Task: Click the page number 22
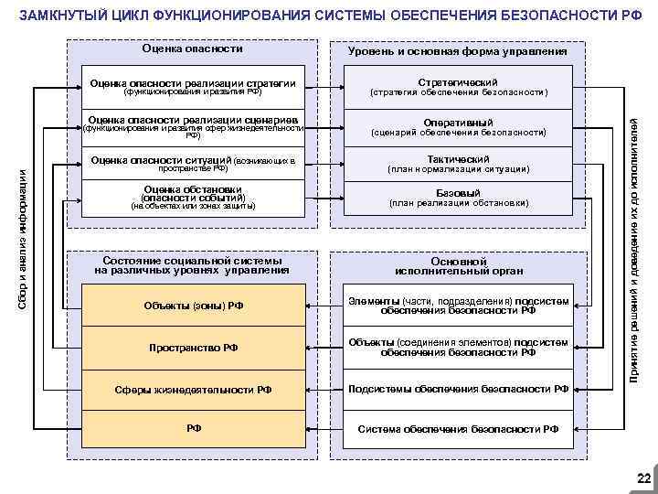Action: point(643,478)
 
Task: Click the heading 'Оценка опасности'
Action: point(193,48)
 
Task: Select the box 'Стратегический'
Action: point(457,87)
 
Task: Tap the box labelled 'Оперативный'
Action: point(457,127)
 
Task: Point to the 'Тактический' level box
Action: point(457,163)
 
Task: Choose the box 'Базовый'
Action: point(457,198)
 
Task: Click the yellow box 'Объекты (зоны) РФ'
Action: point(193,305)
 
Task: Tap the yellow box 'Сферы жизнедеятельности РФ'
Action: point(193,389)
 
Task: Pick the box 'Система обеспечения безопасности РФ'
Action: point(457,428)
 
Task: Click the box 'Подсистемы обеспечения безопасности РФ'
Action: point(457,389)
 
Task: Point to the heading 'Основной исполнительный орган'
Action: point(457,265)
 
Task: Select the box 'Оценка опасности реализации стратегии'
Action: point(193,87)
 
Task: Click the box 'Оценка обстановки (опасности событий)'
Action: point(193,198)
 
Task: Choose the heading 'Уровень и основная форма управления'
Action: point(457,51)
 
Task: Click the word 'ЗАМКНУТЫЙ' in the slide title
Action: point(58,16)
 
